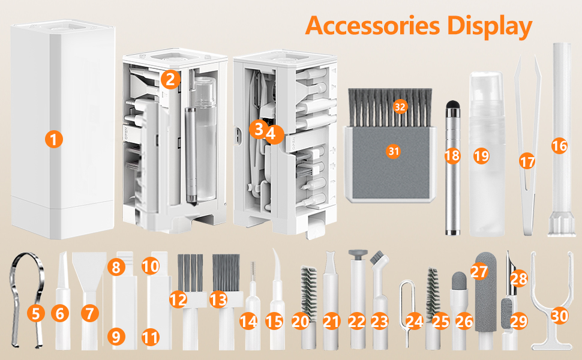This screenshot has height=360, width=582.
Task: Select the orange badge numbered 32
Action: pos(400,107)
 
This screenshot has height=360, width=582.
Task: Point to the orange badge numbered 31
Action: pos(393,151)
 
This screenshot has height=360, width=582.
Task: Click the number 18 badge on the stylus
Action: pos(452,156)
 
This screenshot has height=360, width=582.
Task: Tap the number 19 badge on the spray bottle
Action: pos(481,156)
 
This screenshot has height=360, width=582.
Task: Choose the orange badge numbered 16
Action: pos(559,146)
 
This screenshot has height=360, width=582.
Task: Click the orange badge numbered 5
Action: pos(37,313)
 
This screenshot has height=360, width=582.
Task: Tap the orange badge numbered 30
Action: pos(560,316)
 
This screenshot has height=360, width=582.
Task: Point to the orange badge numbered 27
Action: pos(479,272)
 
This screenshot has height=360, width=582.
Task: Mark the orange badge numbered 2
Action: pos(170,79)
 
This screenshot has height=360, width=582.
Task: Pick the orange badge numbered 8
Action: pos(117,266)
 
